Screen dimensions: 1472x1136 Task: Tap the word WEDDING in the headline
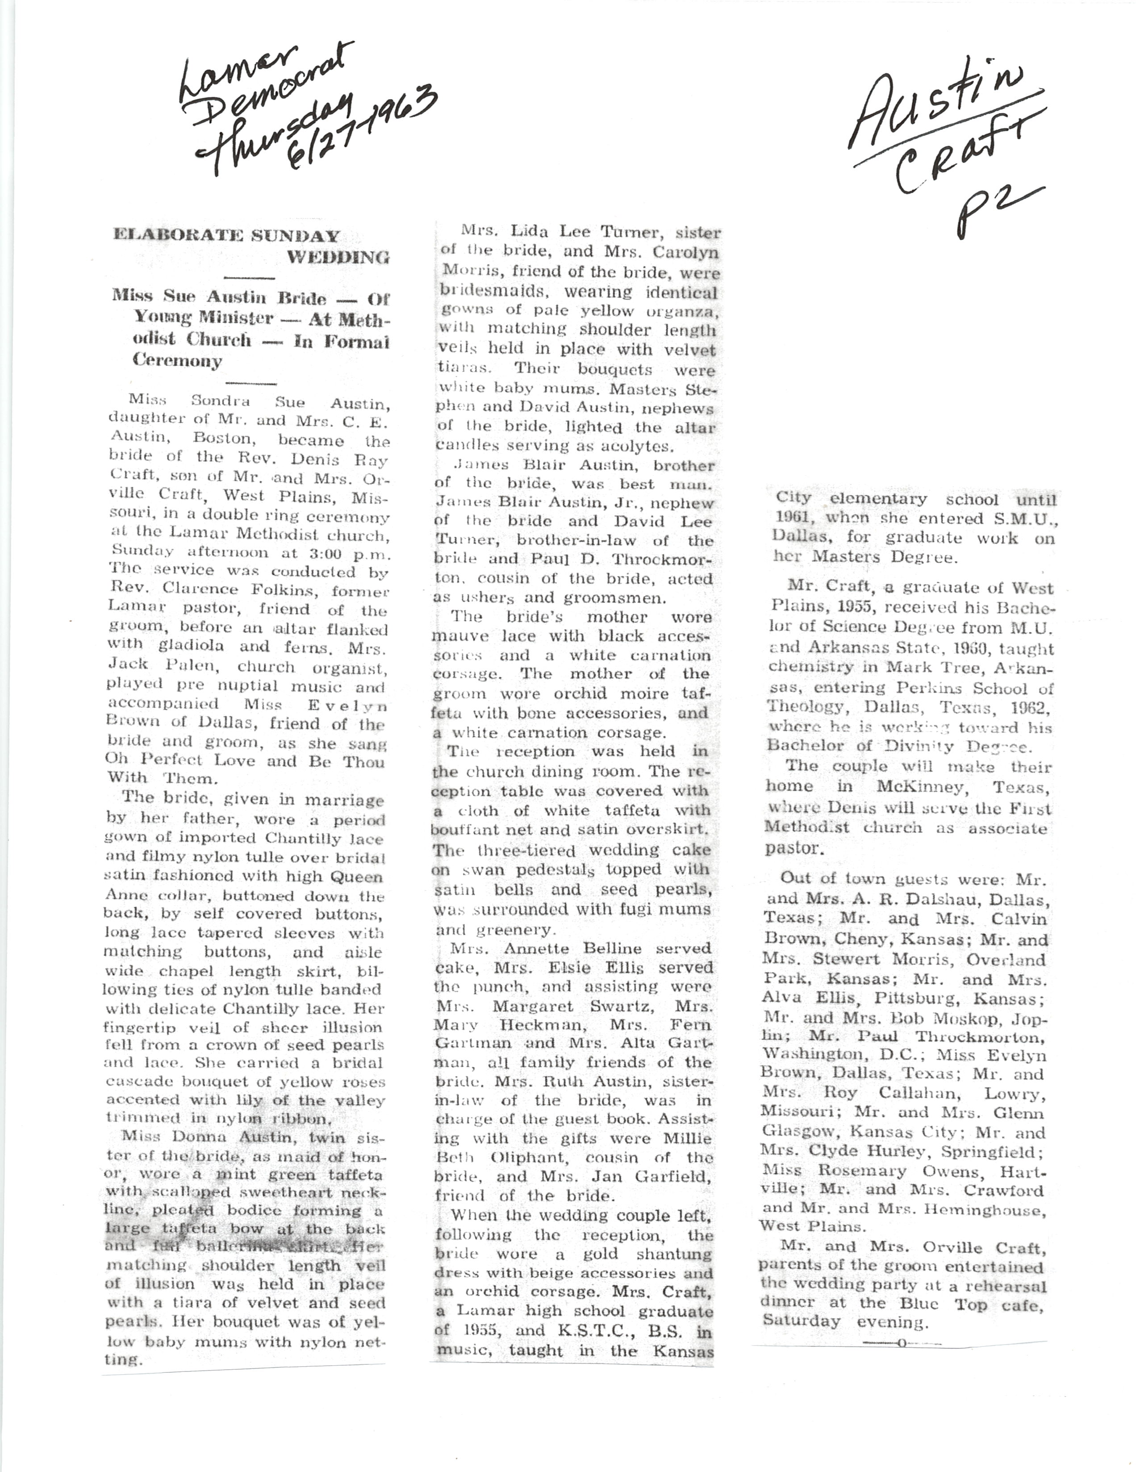click(338, 257)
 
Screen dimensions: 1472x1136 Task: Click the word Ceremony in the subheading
click(177, 360)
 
